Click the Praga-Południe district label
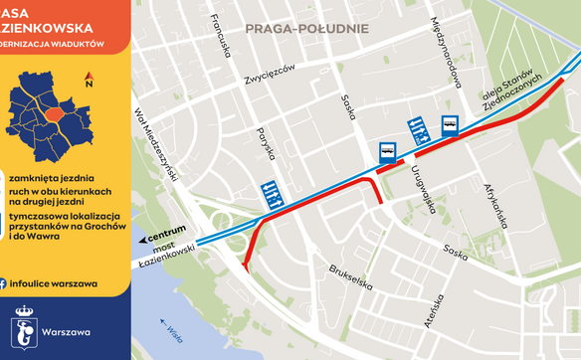point(305,30)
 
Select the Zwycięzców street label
point(270,74)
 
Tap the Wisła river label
point(175,329)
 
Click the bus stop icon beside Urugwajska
point(385,152)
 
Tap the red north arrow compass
point(89,81)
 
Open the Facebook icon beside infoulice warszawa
point(3,283)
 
